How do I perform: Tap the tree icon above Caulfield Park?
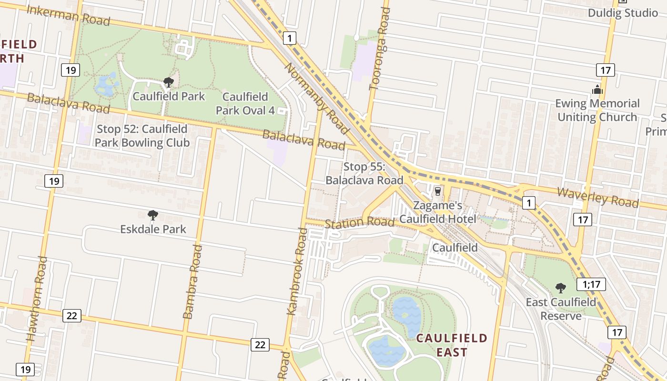(x=168, y=82)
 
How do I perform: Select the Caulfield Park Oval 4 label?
(x=245, y=104)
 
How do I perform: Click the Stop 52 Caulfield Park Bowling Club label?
(x=142, y=136)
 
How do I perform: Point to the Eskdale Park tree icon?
(x=152, y=215)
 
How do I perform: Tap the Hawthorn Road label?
(x=37, y=299)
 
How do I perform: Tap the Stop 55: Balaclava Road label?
(x=364, y=173)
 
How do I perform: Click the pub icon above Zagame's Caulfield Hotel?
(x=437, y=191)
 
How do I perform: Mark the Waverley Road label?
(x=597, y=197)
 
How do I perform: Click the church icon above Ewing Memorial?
(x=597, y=90)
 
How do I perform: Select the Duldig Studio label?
(x=622, y=13)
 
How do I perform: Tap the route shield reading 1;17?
(x=591, y=284)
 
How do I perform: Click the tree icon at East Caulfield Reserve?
(x=561, y=288)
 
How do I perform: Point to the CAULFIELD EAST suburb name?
(x=452, y=345)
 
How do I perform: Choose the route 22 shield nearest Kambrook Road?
(x=260, y=345)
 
